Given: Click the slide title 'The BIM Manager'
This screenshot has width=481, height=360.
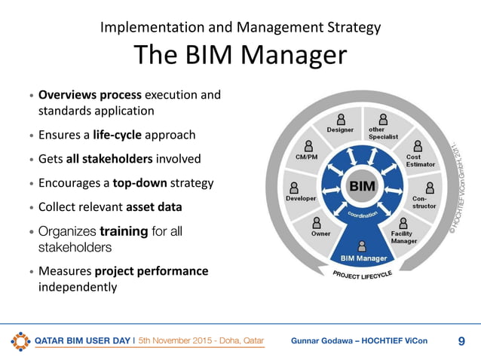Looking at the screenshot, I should pos(240,56).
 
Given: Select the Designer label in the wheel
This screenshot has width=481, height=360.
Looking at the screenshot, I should pos(340,130).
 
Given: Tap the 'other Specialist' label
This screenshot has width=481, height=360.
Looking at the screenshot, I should pos(381,133).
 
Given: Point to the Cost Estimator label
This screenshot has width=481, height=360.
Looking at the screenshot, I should pos(418,160).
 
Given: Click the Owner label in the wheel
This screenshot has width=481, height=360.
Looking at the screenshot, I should pos(321,234).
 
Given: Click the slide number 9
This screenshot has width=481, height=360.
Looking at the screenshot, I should pos(461,340).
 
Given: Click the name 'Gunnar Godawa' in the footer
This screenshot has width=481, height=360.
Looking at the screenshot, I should pos(323,341).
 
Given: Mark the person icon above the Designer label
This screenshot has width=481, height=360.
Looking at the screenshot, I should pos(341,118).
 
